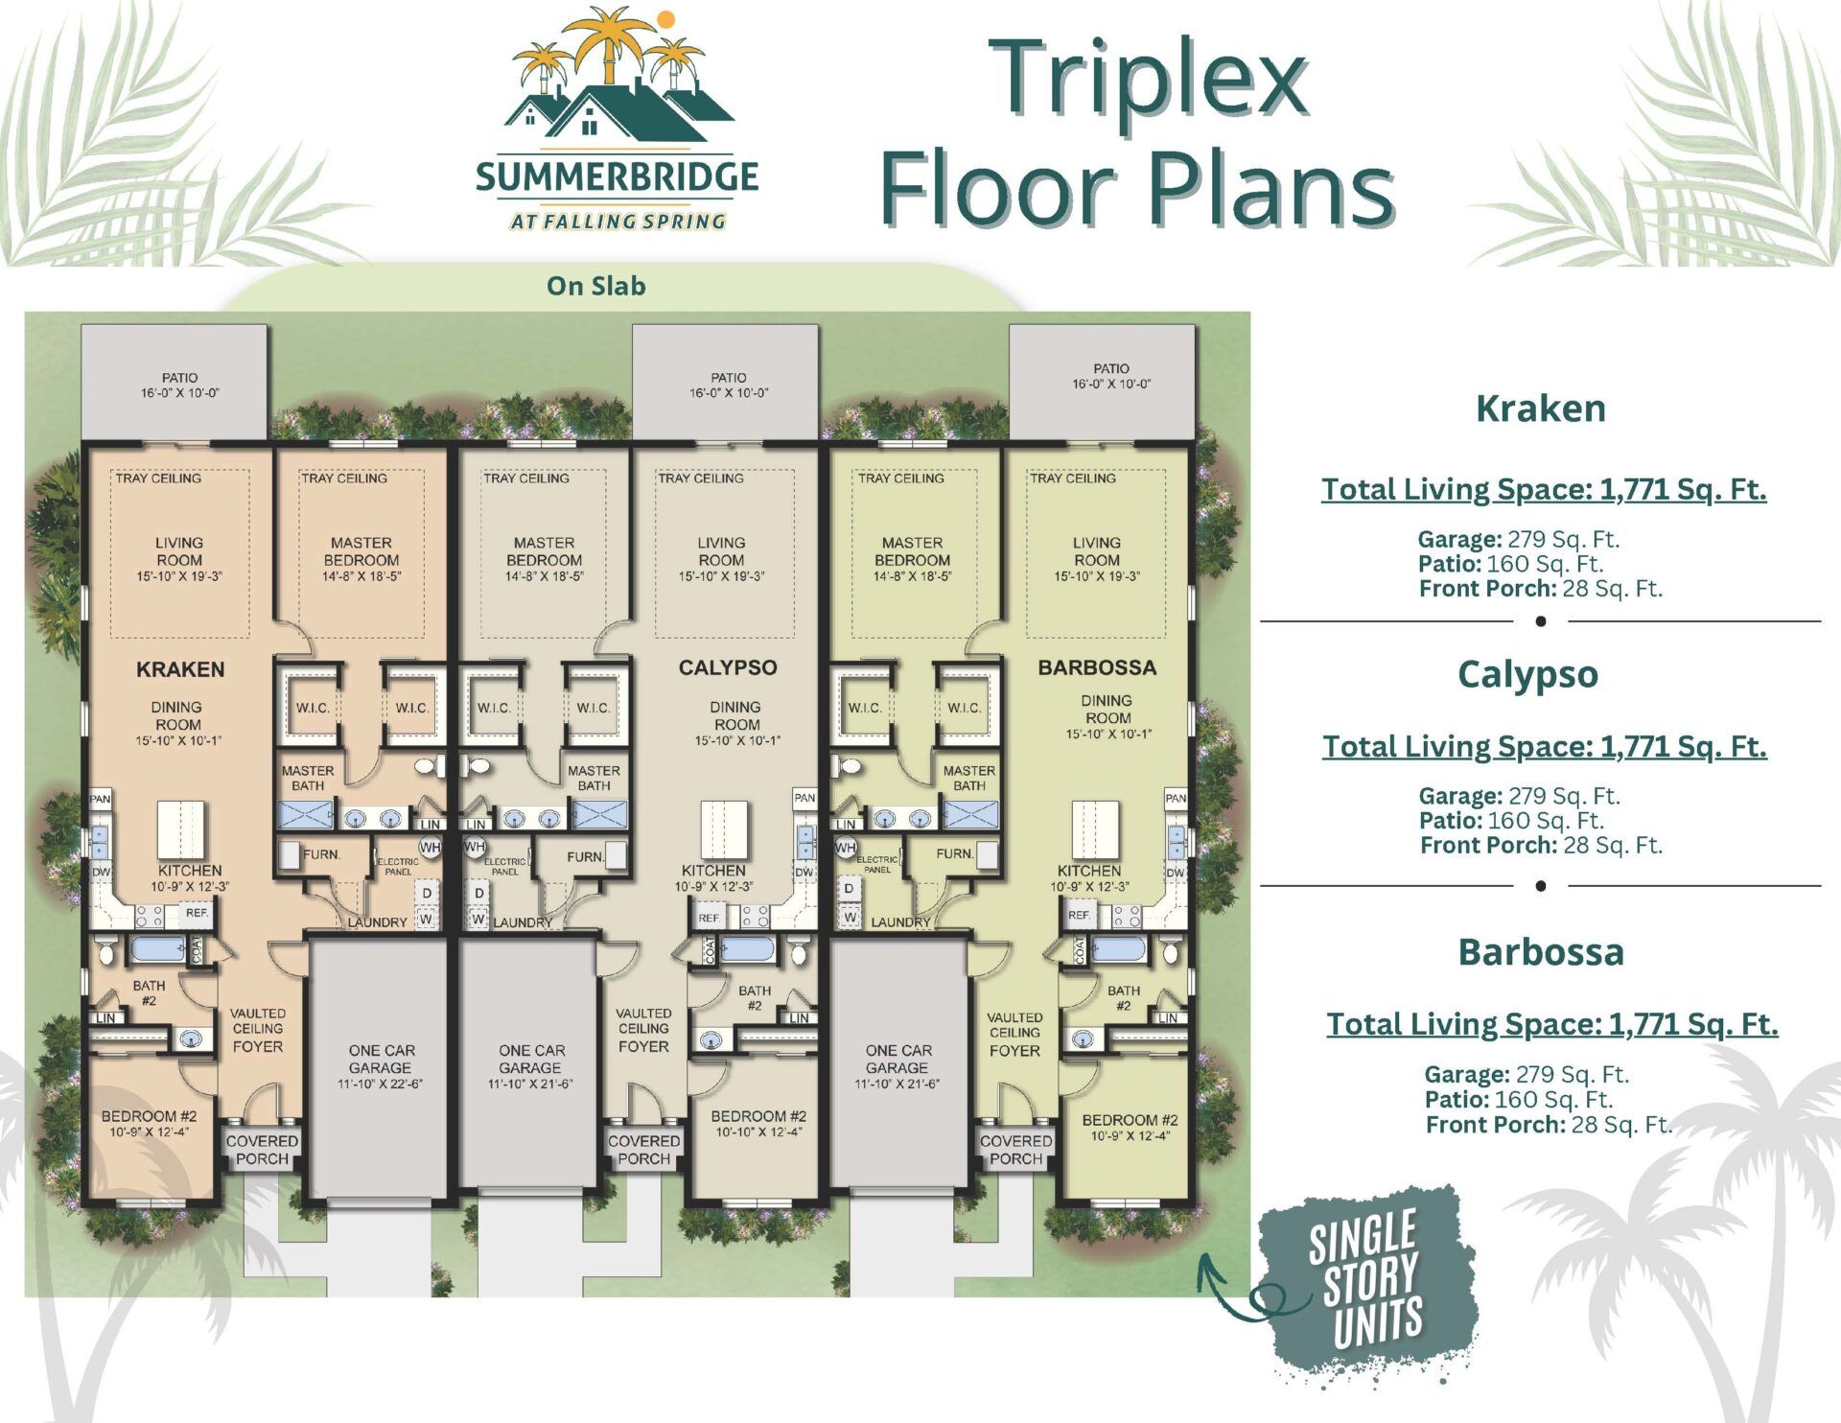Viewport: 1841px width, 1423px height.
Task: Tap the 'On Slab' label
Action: click(x=595, y=286)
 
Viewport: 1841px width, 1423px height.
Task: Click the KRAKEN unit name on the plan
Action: click(x=180, y=669)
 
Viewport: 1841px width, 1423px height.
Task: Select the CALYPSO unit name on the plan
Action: click(x=727, y=667)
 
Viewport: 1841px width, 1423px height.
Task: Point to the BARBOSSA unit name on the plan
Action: click(x=1097, y=667)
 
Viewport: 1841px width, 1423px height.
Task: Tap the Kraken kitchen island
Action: click(x=181, y=829)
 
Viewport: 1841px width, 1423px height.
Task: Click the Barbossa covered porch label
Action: click(x=1015, y=1150)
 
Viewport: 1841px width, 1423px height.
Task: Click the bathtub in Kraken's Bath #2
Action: click(x=157, y=949)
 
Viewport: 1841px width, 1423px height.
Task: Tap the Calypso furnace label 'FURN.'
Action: click(x=584, y=856)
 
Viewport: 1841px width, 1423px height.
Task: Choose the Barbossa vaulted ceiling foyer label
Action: click(x=1014, y=1034)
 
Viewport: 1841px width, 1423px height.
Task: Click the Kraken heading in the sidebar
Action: click(x=1540, y=408)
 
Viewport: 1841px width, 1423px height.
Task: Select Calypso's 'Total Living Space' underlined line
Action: click(x=1544, y=746)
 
